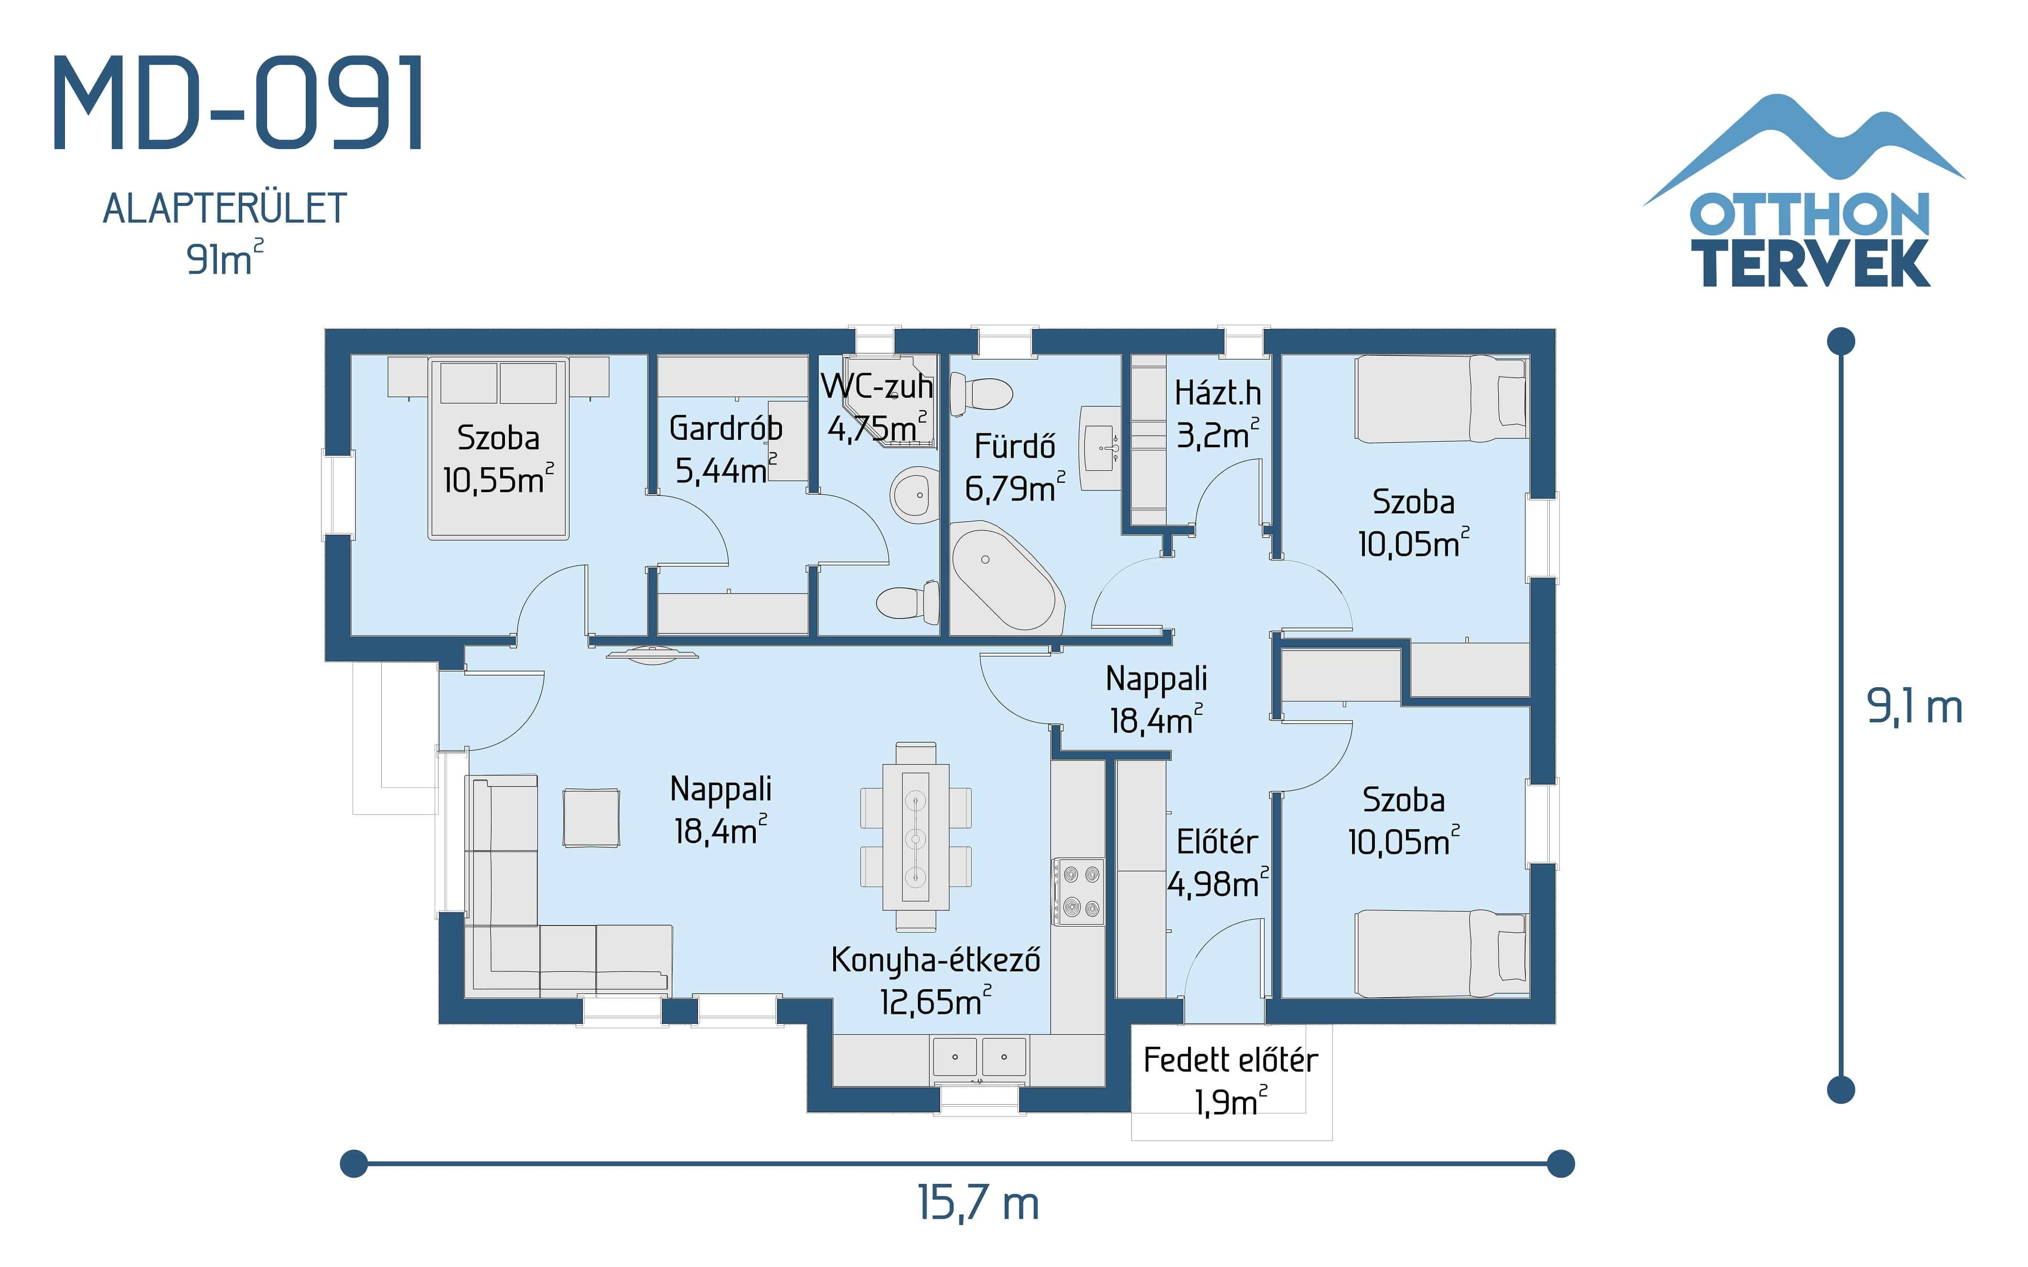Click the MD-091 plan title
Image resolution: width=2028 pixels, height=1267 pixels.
point(239,104)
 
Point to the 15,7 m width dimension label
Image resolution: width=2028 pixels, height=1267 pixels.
point(978,1204)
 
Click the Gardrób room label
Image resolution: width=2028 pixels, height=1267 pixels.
point(726,428)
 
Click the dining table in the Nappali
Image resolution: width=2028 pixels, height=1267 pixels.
point(915,836)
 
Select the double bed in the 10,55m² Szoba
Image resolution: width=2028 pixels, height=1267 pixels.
point(499,448)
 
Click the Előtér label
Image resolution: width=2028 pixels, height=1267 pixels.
point(1217,842)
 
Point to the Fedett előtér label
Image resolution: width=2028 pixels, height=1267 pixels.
point(1230,1061)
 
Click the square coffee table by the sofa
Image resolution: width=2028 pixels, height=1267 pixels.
point(591,817)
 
